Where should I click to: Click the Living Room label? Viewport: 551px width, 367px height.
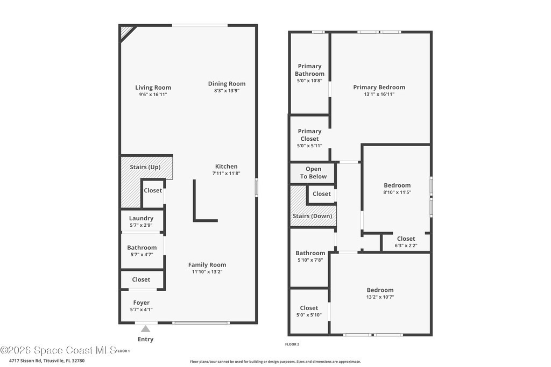[153, 88]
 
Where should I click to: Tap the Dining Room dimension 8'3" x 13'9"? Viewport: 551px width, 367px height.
[227, 90]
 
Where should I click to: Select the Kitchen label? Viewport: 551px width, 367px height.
[227, 167]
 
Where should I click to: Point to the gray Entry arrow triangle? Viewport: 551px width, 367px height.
[145, 329]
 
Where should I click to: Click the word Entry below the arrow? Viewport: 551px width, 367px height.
[145, 339]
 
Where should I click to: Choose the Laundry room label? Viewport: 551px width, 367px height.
[141, 218]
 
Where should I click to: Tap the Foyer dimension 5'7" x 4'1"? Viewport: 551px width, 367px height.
[142, 310]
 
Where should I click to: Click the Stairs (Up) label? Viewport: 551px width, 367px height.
[145, 167]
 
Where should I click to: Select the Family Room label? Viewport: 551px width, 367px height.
[207, 265]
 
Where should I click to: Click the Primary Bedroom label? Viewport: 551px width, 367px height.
[379, 88]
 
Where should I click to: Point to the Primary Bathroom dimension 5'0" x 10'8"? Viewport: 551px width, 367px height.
[309, 81]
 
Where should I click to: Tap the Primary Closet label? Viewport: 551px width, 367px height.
[309, 135]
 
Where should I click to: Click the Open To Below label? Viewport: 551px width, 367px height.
[313, 172]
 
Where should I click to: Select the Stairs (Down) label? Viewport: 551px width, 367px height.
[313, 216]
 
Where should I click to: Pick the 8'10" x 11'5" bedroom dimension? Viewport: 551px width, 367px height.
[397, 192]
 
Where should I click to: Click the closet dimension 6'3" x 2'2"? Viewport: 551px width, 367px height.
[406, 246]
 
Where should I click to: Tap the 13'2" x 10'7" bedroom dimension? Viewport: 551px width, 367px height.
[380, 297]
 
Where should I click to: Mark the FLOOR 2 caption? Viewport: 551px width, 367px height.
[292, 344]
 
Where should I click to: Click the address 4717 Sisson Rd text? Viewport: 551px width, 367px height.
[26, 361]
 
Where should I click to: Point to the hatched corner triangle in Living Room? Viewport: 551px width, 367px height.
[126, 32]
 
